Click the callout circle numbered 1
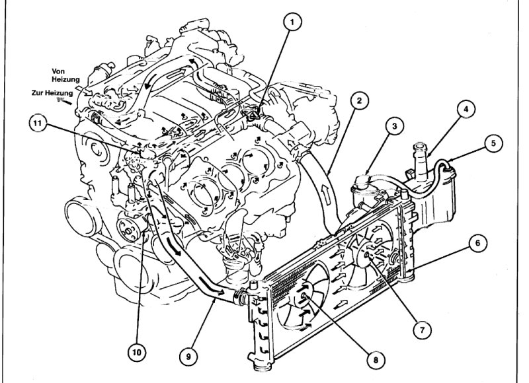[x=291, y=22]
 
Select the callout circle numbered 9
[x=189, y=355]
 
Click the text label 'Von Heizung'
[x=64, y=75]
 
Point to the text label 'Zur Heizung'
[x=52, y=94]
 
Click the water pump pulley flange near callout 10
[x=128, y=231]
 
